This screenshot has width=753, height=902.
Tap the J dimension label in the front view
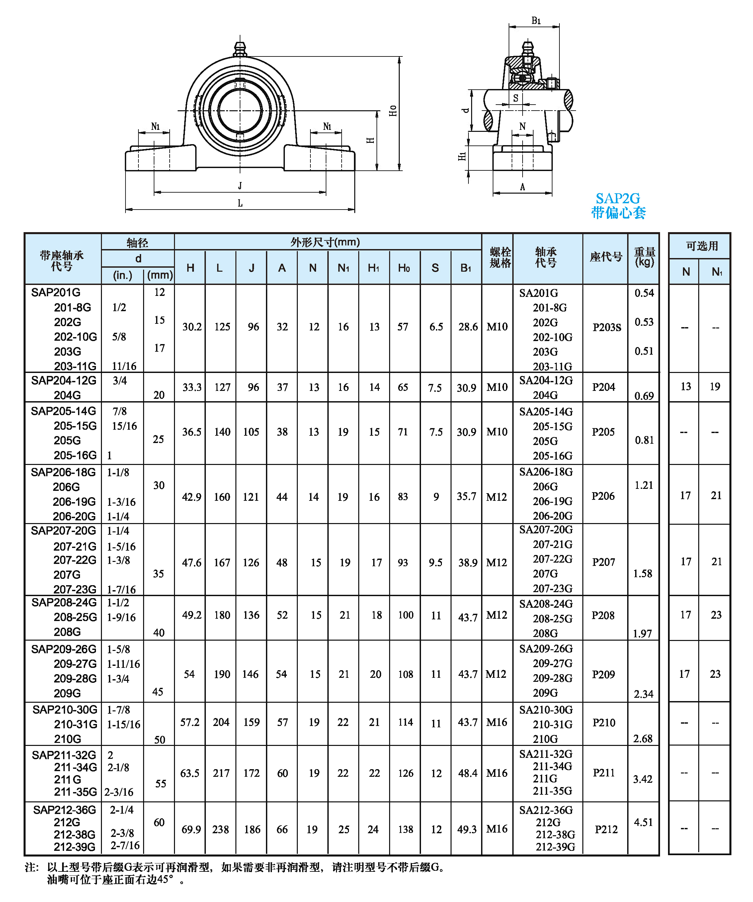coord(240,186)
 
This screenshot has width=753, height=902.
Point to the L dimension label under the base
coord(240,203)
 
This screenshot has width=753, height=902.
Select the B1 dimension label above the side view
coord(536,21)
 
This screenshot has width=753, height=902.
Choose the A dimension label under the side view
coord(523,187)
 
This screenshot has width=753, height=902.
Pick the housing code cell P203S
coord(607,327)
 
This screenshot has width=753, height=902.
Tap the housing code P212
coord(606,829)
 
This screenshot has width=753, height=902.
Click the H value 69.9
coord(191,829)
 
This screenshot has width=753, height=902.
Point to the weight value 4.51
coord(643,822)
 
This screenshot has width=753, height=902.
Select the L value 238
coord(221,829)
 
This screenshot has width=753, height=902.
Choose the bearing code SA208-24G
coord(545,604)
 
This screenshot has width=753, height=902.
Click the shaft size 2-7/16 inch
coord(125,845)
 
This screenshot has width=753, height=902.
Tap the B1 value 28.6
coord(467,327)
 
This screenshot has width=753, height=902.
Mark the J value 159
coord(252,722)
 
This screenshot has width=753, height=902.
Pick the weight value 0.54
coord(644,293)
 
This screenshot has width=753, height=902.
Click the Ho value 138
coord(405,829)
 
